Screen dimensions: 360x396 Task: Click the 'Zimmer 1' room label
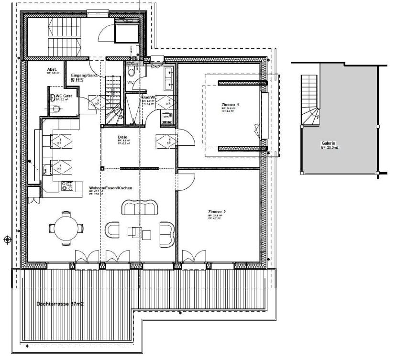click(230, 104)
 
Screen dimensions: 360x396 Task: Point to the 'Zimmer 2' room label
click(217, 211)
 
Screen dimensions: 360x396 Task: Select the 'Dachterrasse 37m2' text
click(60, 304)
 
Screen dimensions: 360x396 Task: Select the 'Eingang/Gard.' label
click(85, 76)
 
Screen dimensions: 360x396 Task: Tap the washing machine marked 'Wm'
click(166, 117)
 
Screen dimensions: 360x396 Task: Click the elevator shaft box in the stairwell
click(126, 32)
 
